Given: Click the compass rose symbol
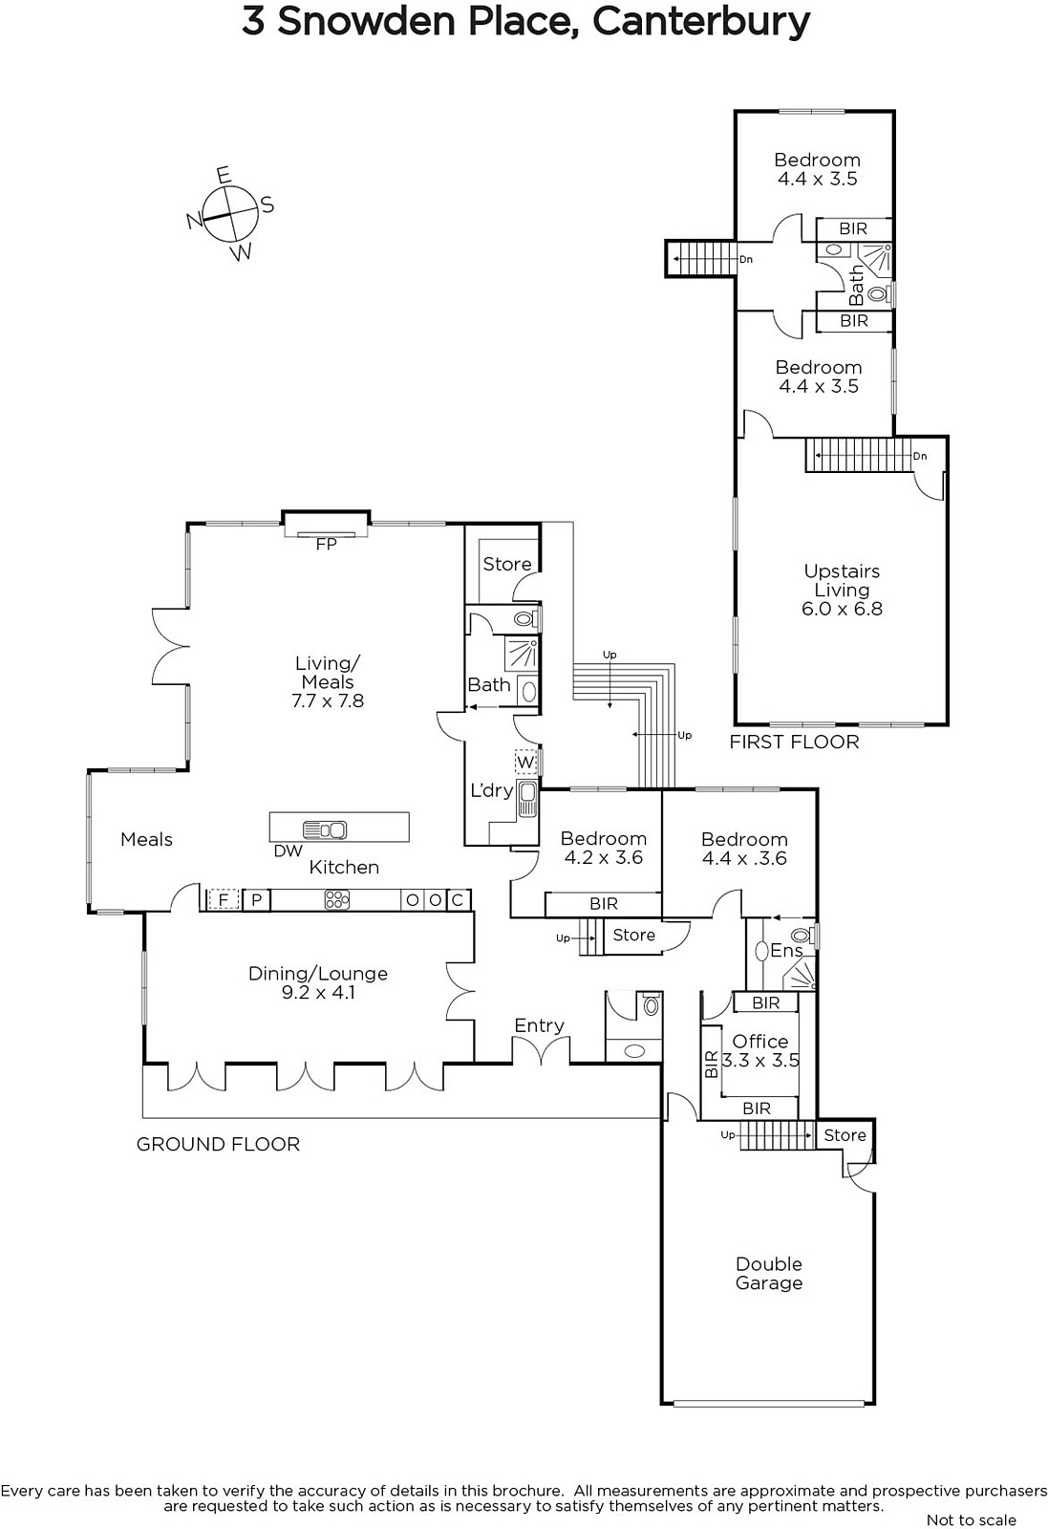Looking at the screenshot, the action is tap(230, 213).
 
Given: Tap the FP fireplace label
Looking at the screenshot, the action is tap(326, 544).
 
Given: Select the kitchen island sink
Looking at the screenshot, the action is tap(325, 830).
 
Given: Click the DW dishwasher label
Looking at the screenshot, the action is tap(288, 851).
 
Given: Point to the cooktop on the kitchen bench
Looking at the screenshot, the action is tap(337, 899).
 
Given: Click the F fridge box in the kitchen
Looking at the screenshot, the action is tap(224, 899).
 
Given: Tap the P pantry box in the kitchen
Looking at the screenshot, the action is tap(257, 899).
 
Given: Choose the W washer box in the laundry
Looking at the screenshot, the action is tap(525, 762).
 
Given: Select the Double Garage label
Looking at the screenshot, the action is tap(769, 1273).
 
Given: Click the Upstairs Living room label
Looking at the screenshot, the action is tap(842, 590).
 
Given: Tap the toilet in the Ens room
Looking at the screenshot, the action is tap(801, 936).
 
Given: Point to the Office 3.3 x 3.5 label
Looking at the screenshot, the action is tap(760, 1050).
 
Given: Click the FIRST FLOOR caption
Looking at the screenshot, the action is tap(794, 742).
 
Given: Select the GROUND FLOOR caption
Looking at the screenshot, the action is tap(219, 1144).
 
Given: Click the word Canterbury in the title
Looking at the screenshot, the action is tap(701, 23).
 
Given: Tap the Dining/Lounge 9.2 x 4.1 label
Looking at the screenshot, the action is tap(318, 982).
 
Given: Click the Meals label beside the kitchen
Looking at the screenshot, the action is tap(147, 839).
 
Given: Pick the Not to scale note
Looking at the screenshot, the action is tap(972, 1519).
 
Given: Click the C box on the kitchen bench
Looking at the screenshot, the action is tap(458, 899).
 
